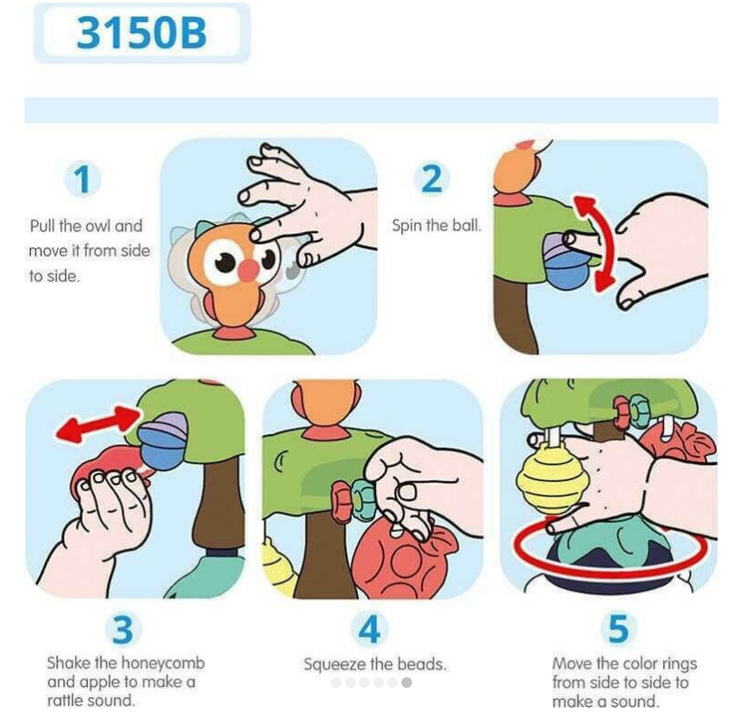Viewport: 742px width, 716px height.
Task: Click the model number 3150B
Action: (141, 33)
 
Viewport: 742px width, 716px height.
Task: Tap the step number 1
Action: (83, 179)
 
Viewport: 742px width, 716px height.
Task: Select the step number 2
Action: (431, 179)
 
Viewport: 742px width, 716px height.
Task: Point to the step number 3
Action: (122, 629)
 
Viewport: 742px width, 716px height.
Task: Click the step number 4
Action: (370, 629)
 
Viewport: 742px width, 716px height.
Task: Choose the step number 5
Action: (618, 629)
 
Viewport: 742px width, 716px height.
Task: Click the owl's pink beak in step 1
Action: (248, 269)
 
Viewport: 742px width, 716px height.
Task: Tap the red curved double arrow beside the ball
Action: (595, 243)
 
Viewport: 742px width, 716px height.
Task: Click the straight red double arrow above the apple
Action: (98, 424)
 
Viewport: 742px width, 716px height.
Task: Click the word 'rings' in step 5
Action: (677, 664)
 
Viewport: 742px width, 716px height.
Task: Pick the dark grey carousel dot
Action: (407, 682)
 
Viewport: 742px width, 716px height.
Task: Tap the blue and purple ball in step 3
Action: (163, 440)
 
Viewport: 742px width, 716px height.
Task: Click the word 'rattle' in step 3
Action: (67, 701)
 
